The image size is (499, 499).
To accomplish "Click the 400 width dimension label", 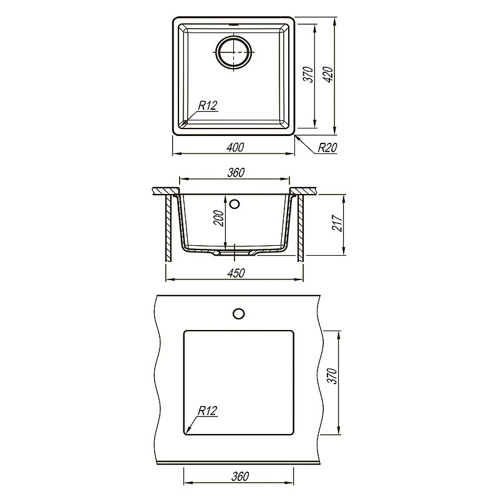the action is (x=235, y=147).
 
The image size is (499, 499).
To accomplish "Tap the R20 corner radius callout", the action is (x=327, y=148).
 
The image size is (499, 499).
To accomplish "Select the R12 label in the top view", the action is (x=208, y=105).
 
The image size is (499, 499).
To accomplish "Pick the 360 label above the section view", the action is (x=236, y=173).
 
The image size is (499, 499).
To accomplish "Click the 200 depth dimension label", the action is (x=219, y=218).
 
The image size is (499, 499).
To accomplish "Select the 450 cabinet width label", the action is (x=236, y=273).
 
